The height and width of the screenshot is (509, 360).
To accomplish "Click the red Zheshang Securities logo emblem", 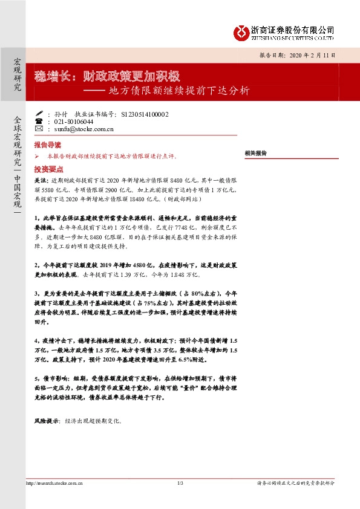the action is [243, 31].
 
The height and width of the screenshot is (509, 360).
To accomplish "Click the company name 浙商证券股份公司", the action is [293, 28].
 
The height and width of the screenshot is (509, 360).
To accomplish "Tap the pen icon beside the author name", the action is [39, 113].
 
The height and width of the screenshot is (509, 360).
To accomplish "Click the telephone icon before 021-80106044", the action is [39, 121].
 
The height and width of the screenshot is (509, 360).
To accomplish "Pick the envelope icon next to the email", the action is [39, 129].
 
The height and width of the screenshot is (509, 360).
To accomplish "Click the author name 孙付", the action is [59, 113].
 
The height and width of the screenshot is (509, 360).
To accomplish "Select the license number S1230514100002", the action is [145, 113].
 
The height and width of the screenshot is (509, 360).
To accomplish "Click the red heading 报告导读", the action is [48, 146].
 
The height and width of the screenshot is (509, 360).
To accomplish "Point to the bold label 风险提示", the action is [47, 421].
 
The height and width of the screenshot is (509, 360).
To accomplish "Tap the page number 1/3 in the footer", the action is [180, 483].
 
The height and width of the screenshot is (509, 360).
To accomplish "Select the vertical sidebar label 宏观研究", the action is [18, 75].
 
